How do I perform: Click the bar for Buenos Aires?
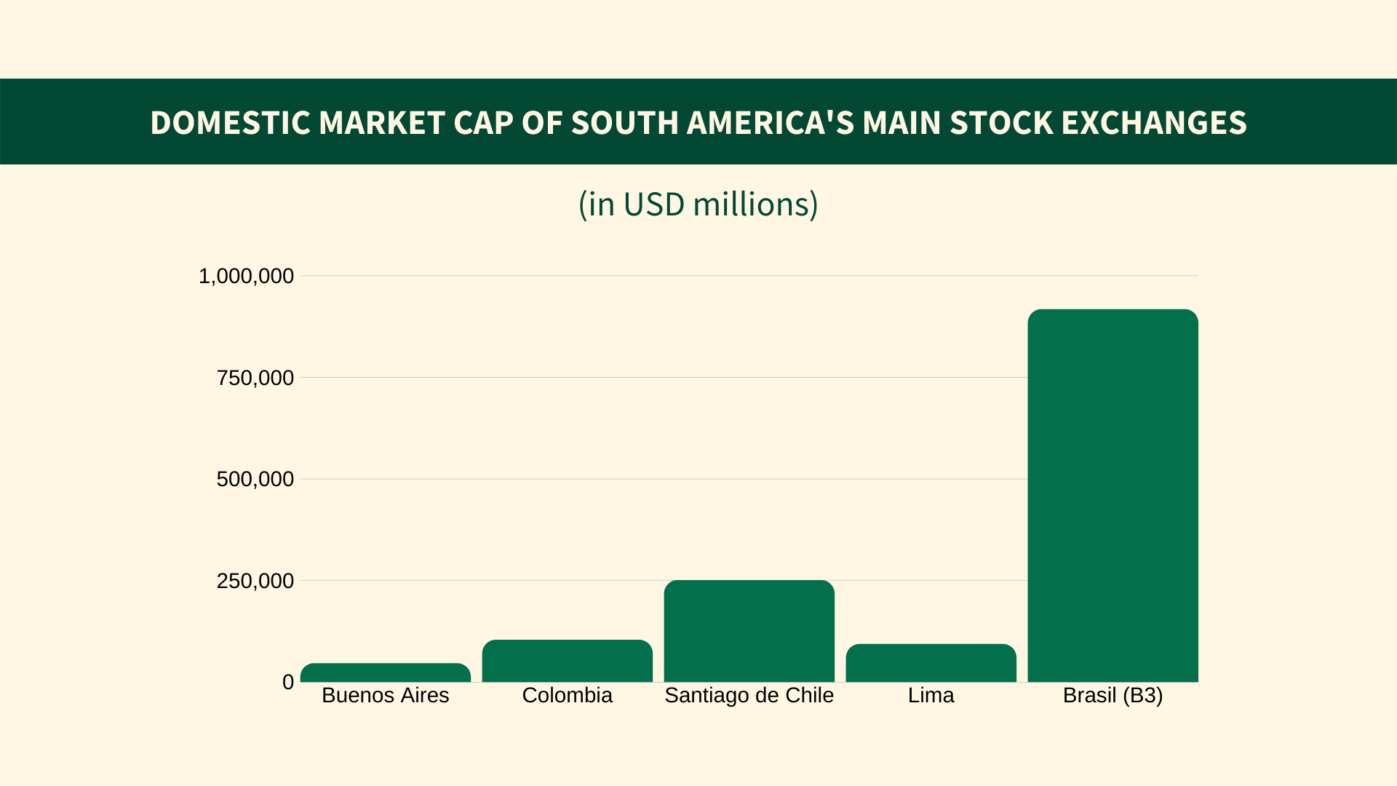[x=385, y=672]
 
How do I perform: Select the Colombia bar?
[x=567, y=661]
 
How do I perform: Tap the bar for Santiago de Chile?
[x=749, y=631]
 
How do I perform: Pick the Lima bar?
[x=931, y=663]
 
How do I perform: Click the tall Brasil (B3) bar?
[x=1113, y=496]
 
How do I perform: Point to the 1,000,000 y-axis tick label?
[x=246, y=277]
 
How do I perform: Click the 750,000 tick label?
[x=255, y=378]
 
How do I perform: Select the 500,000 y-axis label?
[x=255, y=480]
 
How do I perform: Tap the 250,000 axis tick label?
[x=255, y=581]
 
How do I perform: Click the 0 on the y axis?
[x=288, y=682]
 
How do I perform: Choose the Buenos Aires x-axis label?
[x=385, y=696]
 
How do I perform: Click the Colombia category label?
[x=567, y=696]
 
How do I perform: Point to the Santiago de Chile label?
[x=749, y=696]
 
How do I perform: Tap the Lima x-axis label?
[x=931, y=696]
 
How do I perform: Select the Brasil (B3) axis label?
[x=1113, y=696]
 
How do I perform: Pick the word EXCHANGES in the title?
[x=1154, y=123]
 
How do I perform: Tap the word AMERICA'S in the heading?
[x=770, y=123]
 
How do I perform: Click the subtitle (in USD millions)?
[x=698, y=205]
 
